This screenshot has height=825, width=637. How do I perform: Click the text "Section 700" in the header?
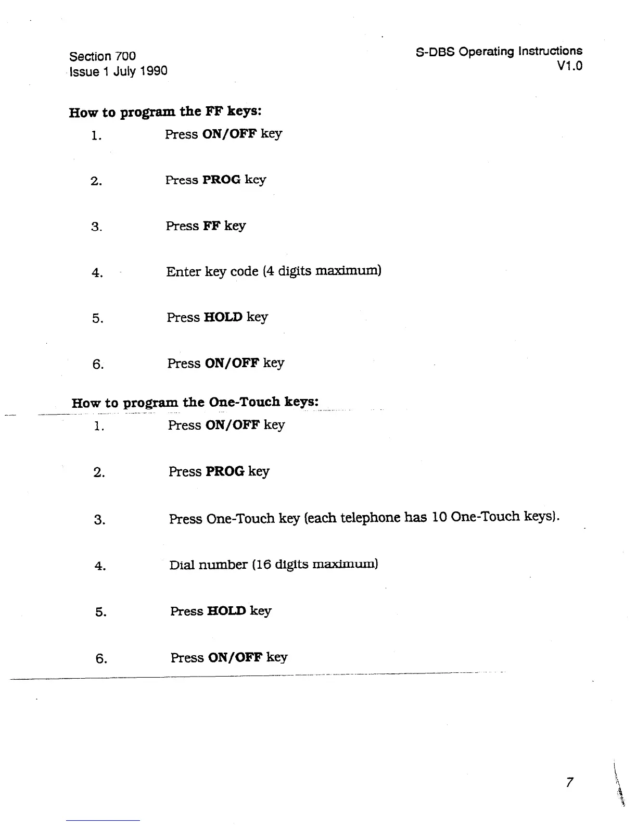pos(103,56)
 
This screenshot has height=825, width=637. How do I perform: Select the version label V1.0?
pos(569,66)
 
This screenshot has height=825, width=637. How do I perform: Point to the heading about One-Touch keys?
pos(195,403)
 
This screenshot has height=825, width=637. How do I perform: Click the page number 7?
pos(569,782)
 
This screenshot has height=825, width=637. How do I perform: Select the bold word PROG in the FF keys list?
pos(221,180)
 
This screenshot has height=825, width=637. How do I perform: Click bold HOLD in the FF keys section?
pos(223,317)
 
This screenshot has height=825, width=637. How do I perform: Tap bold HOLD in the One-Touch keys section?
pos(226,611)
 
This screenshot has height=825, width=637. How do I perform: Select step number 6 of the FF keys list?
pos(98,365)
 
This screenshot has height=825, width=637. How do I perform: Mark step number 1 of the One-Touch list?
pos(99,427)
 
